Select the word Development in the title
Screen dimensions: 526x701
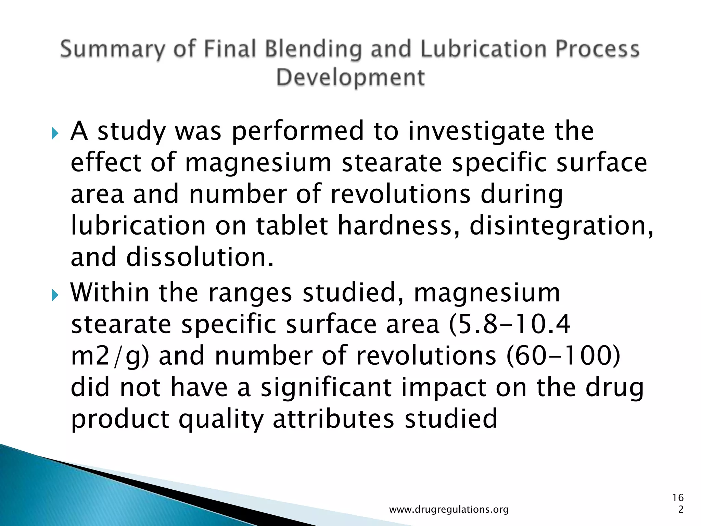coord(350,77)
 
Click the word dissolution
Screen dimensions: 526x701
coord(200,257)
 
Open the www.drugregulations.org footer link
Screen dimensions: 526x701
coord(449,510)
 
